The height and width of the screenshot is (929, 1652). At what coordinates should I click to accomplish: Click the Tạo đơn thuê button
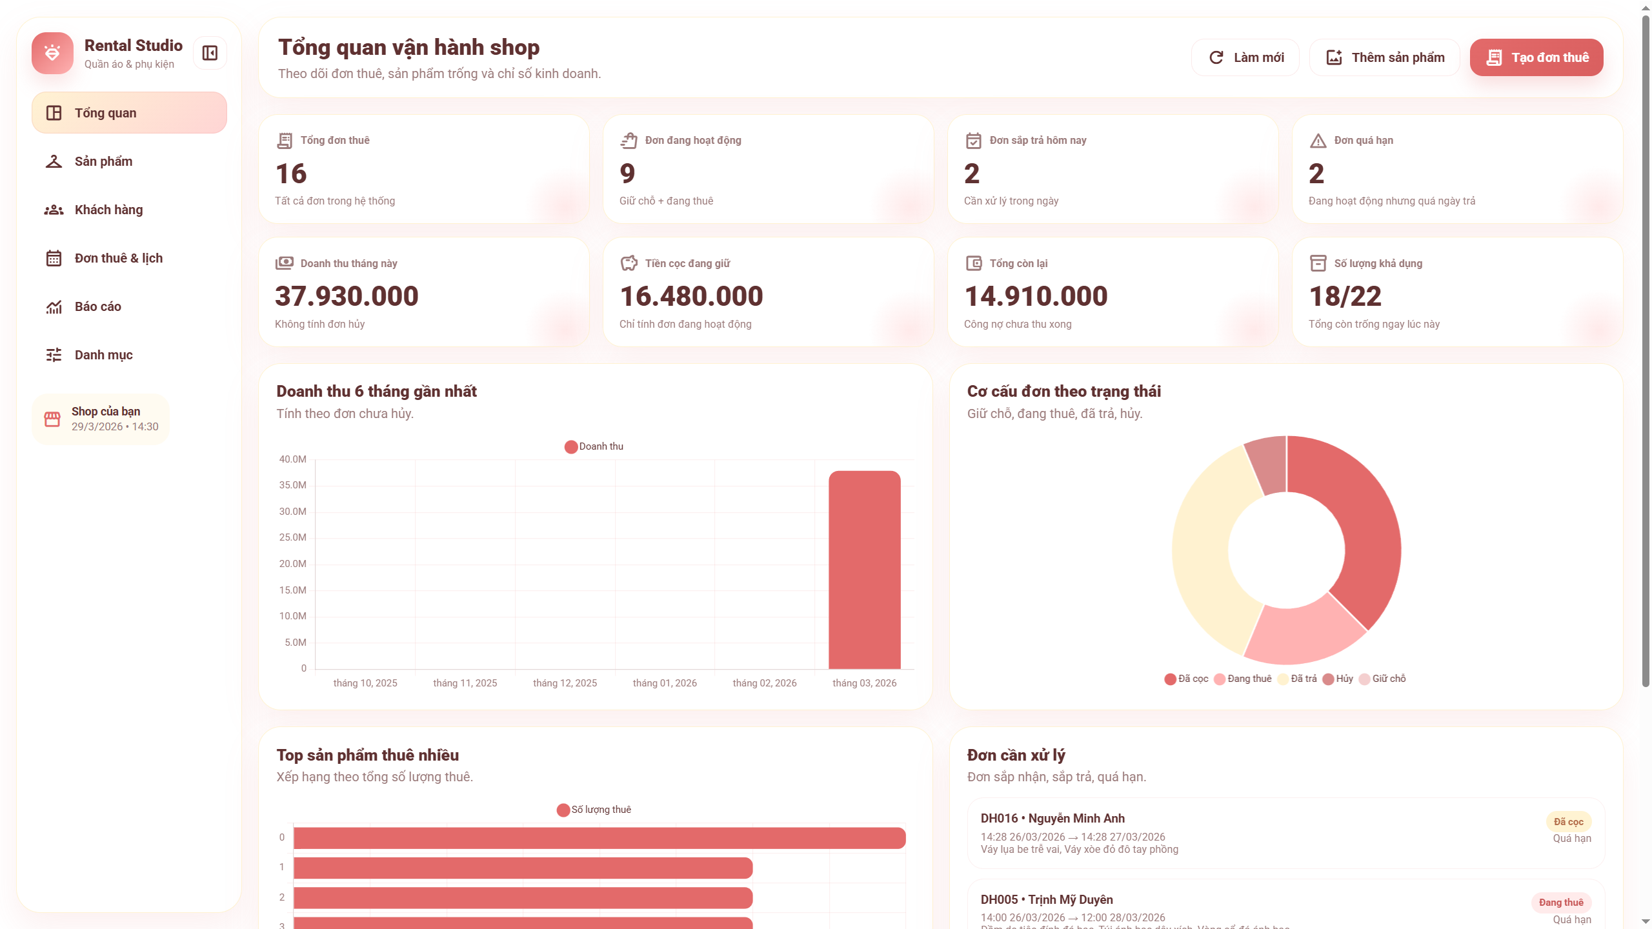(x=1536, y=57)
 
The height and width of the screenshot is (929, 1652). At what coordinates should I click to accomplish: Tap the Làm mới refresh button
(x=1245, y=57)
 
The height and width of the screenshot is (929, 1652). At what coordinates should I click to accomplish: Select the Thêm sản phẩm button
(x=1384, y=57)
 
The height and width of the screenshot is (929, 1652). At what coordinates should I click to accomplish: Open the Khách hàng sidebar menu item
(x=108, y=210)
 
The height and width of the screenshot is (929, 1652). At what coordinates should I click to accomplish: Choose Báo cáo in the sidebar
(x=97, y=306)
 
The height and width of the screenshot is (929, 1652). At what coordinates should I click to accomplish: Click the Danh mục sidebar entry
(x=103, y=355)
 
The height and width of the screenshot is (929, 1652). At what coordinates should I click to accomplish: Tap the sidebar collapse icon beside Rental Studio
(x=210, y=53)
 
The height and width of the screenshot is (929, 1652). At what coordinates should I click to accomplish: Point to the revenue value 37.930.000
(x=347, y=296)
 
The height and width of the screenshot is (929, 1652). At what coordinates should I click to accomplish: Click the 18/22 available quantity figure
(x=1345, y=296)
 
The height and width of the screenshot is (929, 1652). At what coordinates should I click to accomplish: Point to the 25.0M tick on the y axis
(x=292, y=537)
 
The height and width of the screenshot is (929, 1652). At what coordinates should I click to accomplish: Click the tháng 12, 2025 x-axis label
(x=565, y=683)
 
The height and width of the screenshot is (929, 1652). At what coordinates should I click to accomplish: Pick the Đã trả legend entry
(x=1298, y=679)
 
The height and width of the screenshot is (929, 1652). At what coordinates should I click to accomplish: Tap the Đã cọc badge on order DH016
(x=1568, y=822)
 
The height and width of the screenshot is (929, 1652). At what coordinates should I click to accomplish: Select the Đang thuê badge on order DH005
(x=1560, y=903)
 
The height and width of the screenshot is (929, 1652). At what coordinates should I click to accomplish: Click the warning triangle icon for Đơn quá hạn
(x=1318, y=141)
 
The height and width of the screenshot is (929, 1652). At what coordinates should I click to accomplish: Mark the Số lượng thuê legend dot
(x=563, y=810)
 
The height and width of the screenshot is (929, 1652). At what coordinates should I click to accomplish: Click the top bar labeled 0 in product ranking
(x=599, y=838)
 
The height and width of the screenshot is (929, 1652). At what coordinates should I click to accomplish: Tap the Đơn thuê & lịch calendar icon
(x=54, y=258)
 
